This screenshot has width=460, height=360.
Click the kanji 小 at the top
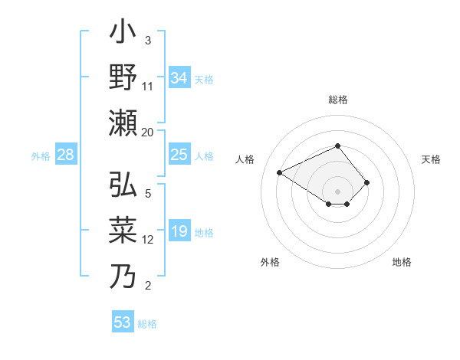click(x=123, y=35)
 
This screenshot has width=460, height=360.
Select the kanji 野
click(x=123, y=78)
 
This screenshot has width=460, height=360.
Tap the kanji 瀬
click(x=123, y=123)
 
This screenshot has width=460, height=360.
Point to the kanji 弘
click(x=123, y=187)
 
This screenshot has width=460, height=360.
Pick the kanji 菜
click(x=123, y=231)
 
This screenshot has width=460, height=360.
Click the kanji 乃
click(x=123, y=275)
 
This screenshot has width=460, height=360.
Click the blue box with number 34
click(x=179, y=77)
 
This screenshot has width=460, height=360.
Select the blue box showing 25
click(x=179, y=155)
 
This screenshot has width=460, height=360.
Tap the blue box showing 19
click(x=179, y=232)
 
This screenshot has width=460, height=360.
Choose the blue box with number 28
click(x=66, y=155)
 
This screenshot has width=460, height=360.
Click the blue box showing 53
click(x=123, y=322)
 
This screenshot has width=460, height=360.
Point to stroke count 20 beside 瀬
click(x=148, y=132)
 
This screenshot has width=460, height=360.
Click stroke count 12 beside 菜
click(x=148, y=240)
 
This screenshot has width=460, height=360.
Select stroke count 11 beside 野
click(x=148, y=87)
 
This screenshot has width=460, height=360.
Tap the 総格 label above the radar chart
click(x=338, y=100)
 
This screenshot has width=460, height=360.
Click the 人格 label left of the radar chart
click(x=245, y=159)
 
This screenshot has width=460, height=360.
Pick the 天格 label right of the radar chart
click(x=431, y=159)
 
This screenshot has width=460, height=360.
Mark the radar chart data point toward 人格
click(x=281, y=172)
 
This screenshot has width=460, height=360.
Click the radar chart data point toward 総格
click(x=338, y=146)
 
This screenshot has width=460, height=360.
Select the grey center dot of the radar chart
click(x=338, y=190)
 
